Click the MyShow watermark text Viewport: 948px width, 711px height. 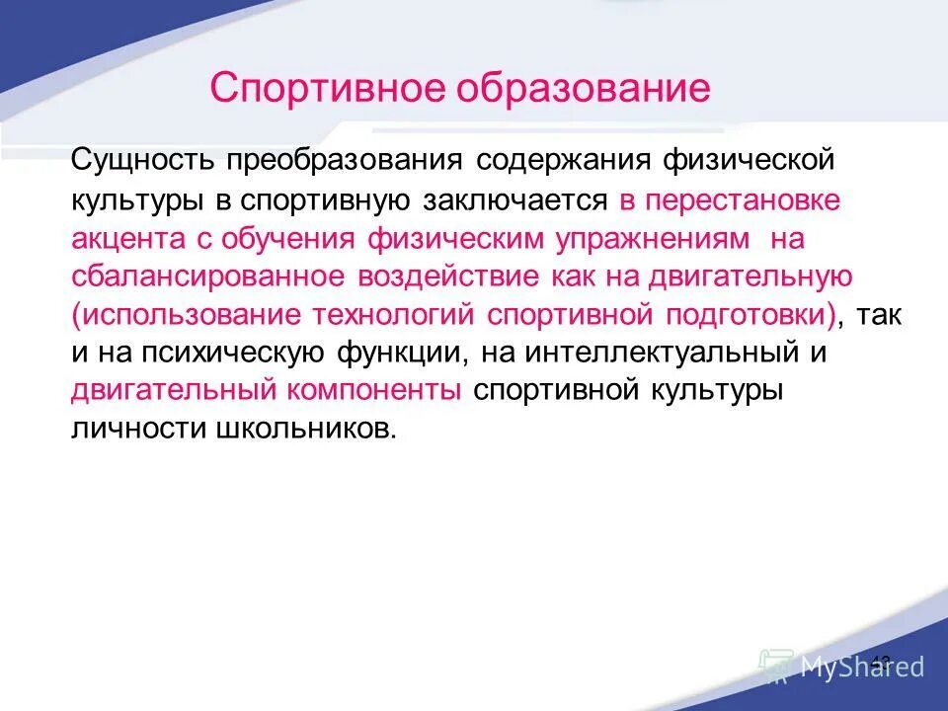pyautogui.click(x=862, y=667)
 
